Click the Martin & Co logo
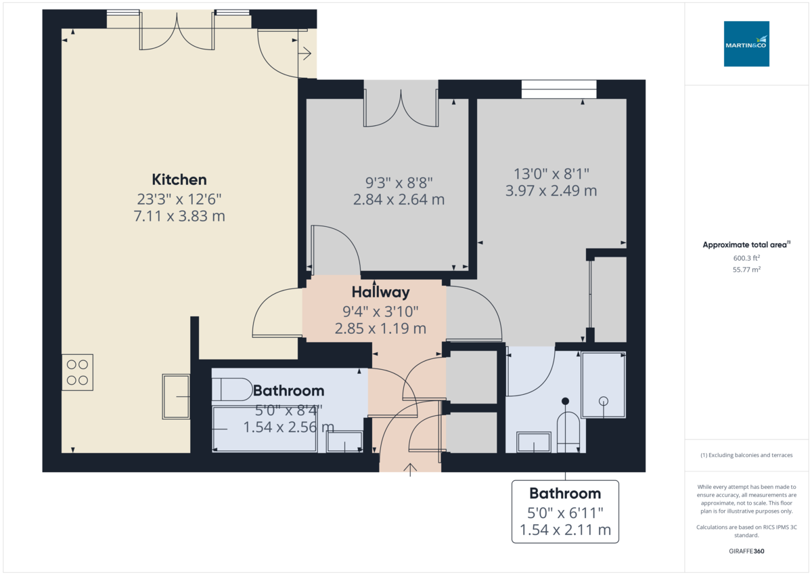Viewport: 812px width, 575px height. pyautogui.click(x=746, y=44)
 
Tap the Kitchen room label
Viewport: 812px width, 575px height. pyautogui.click(x=179, y=179)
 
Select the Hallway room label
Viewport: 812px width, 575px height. pyautogui.click(x=380, y=293)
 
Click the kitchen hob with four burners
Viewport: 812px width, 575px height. pyautogui.click(x=77, y=372)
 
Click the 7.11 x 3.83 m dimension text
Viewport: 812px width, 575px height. pyautogui.click(x=179, y=217)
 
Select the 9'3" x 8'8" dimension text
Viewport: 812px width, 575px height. pyautogui.click(x=399, y=182)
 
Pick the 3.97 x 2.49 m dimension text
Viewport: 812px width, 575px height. pyautogui.click(x=551, y=191)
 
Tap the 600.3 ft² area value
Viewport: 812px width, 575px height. pyautogui.click(x=746, y=257)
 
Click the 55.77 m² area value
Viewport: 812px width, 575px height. pyautogui.click(x=746, y=270)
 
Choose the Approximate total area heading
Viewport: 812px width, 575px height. pyautogui.click(x=746, y=244)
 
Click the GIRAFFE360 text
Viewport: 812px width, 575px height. pyautogui.click(x=746, y=551)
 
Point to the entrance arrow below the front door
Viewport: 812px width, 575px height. pyautogui.click(x=410, y=469)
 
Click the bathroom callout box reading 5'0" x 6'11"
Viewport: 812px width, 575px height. pyautogui.click(x=565, y=511)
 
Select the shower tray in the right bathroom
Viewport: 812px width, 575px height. pyautogui.click(x=604, y=384)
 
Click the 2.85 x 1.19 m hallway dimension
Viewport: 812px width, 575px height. pyautogui.click(x=380, y=329)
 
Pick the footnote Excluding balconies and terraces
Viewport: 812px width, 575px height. pyautogui.click(x=746, y=455)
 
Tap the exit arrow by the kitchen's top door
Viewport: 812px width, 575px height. pyautogui.click(x=306, y=52)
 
